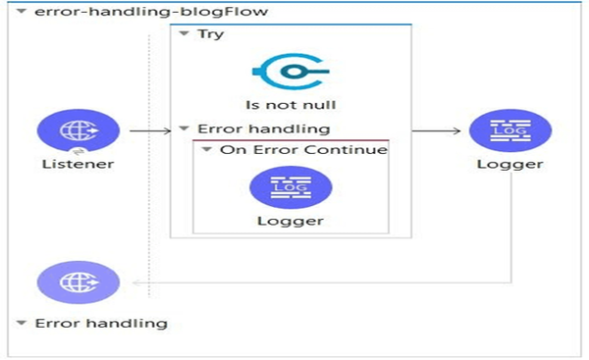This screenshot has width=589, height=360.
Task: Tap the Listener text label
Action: click(79, 164)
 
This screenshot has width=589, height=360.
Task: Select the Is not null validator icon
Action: click(291, 71)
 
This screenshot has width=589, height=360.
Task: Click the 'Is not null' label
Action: click(291, 104)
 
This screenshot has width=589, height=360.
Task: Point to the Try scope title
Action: click(210, 34)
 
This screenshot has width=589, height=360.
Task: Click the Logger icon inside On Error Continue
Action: click(291, 187)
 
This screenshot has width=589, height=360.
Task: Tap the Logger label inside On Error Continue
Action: click(291, 221)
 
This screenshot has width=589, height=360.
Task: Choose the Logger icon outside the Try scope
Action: click(509, 129)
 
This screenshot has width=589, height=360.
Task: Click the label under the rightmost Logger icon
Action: click(509, 164)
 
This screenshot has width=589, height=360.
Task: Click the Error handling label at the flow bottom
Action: click(101, 323)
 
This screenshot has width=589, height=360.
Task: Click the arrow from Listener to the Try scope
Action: click(148, 129)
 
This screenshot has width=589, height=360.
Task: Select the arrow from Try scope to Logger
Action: click(436, 129)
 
